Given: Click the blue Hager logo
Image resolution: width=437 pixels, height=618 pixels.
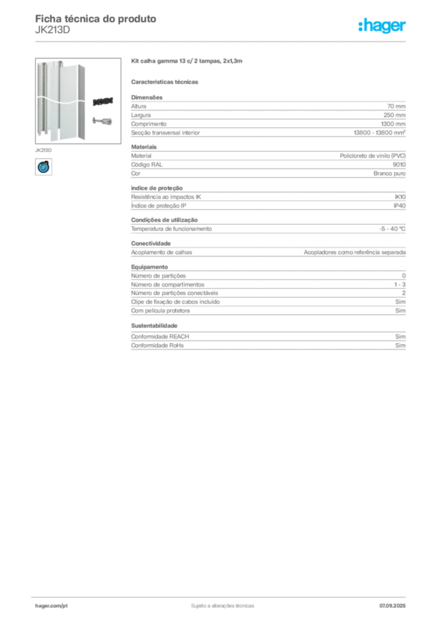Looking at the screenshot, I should pos(383,27).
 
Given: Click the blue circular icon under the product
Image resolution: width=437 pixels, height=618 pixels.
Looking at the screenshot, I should pos(43,167).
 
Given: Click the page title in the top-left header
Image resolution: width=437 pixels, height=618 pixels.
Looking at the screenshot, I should pos(97,18).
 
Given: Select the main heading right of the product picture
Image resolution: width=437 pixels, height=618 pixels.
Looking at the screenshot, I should pos(188,62).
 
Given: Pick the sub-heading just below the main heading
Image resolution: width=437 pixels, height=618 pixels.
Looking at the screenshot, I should pos(167,81).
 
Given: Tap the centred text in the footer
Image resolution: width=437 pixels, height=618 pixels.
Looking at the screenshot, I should pos(221,604).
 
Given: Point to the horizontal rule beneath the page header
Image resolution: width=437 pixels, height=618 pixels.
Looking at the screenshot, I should pos(222,41).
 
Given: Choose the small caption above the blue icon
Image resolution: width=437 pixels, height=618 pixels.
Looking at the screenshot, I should pos(42,148).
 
